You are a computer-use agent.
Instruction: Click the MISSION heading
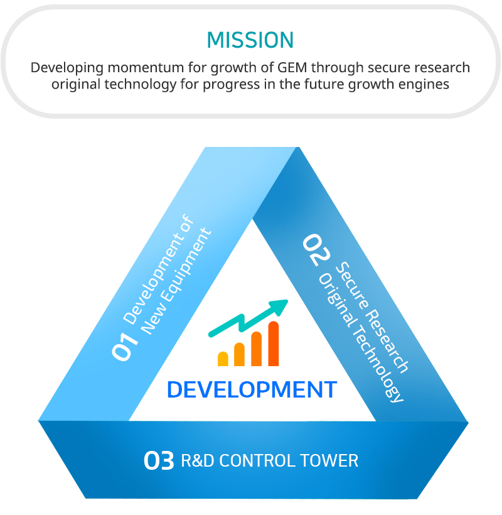point(250,40)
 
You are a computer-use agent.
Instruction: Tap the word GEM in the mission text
point(292,67)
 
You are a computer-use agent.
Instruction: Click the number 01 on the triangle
point(125,347)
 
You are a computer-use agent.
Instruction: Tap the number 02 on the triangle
point(316,249)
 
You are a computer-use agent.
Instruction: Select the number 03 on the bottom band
point(159,460)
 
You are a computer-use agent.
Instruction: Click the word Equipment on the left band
point(187,265)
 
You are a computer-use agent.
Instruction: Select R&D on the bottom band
point(197,460)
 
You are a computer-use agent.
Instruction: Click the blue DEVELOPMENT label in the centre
point(252,389)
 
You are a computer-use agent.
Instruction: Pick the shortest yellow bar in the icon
point(223,359)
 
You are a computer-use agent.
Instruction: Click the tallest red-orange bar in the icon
point(274,344)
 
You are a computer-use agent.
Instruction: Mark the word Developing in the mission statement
point(67,68)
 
